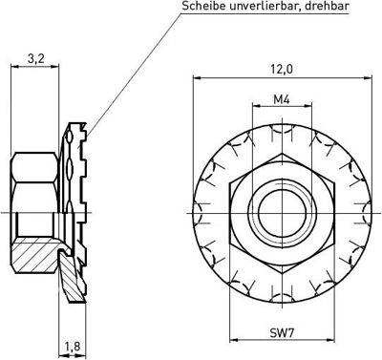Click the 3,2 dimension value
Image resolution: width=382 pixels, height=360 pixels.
click(x=37, y=58)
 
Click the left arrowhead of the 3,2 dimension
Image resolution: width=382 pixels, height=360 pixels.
click(x=12, y=67)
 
